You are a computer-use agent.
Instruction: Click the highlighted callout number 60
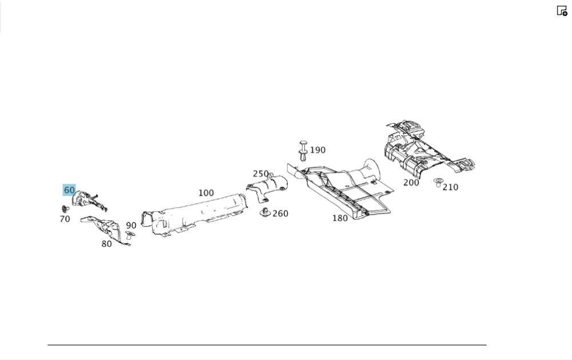(69, 190)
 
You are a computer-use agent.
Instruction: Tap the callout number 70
(65, 219)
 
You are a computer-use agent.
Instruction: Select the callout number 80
(106, 244)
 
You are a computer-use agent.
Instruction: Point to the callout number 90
(132, 226)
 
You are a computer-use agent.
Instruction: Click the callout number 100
(206, 193)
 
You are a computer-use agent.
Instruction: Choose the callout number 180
(340, 218)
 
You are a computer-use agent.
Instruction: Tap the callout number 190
(317, 150)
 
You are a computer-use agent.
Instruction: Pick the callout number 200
(411, 183)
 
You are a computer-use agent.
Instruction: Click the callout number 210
(450, 187)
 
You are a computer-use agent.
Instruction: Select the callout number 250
(260, 174)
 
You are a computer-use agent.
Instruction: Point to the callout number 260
(280, 213)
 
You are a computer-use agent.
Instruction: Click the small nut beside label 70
(65, 208)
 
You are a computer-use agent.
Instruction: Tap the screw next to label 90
(129, 235)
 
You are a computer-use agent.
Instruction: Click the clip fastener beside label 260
(265, 213)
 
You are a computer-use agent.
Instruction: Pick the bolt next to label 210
(438, 183)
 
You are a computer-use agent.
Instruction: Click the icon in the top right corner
(562, 10)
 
